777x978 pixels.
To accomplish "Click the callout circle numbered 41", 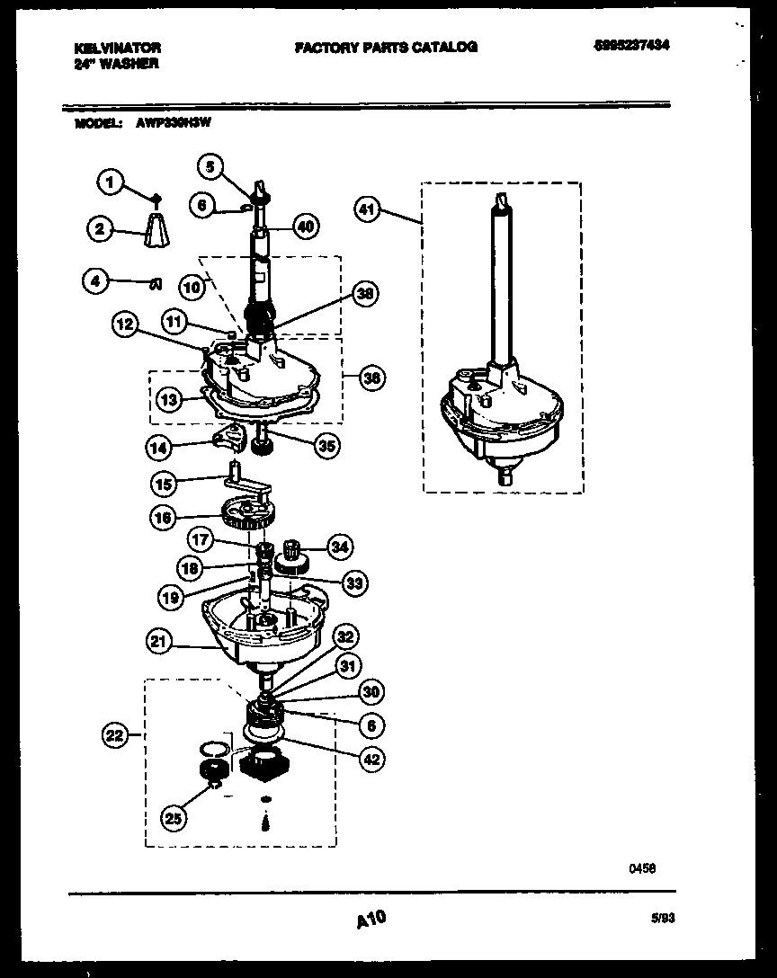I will pyautogui.click(x=367, y=211).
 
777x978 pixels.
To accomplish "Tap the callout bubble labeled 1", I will pyautogui.click(x=110, y=183).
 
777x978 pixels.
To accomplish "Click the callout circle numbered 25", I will pyautogui.click(x=174, y=817).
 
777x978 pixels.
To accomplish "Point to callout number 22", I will pyautogui.click(x=113, y=736).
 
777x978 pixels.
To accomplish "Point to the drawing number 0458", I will pyautogui.click(x=641, y=869).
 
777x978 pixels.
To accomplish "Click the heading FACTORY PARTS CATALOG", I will pyautogui.click(x=386, y=47).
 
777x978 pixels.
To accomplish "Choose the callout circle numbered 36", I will pyautogui.click(x=371, y=378).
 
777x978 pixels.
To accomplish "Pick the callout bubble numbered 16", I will pyautogui.click(x=163, y=517).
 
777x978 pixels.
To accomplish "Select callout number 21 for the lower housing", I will pyautogui.click(x=159, y=641).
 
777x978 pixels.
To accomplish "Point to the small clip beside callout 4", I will pyautogui.click(x=154, y=285).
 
